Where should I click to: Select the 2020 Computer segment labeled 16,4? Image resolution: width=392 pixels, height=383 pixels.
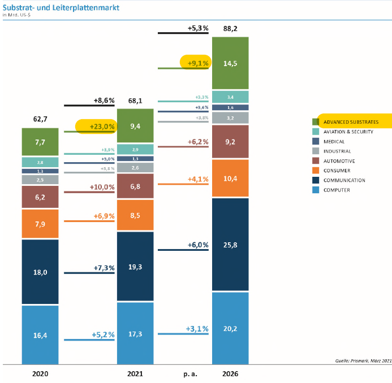40,335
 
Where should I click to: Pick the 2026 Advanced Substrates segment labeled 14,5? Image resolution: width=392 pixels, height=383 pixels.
230,63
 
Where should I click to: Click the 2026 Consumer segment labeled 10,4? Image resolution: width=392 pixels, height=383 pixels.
230,178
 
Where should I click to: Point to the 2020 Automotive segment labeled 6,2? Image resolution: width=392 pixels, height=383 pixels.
40,197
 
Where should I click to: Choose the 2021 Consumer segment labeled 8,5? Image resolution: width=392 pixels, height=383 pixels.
135,214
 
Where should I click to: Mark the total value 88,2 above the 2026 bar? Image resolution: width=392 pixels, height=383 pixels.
230,28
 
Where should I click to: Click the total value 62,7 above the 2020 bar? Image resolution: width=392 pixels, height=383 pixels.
40,119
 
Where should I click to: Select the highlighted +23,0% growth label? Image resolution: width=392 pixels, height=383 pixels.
102,127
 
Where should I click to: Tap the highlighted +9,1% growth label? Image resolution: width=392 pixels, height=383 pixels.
198,63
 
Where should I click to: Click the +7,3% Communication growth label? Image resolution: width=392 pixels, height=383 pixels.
104,267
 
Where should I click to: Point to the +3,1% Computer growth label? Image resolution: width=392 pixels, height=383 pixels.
197,328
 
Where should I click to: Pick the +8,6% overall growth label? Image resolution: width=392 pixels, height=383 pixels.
104,100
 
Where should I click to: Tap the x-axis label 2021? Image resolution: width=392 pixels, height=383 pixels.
135,373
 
